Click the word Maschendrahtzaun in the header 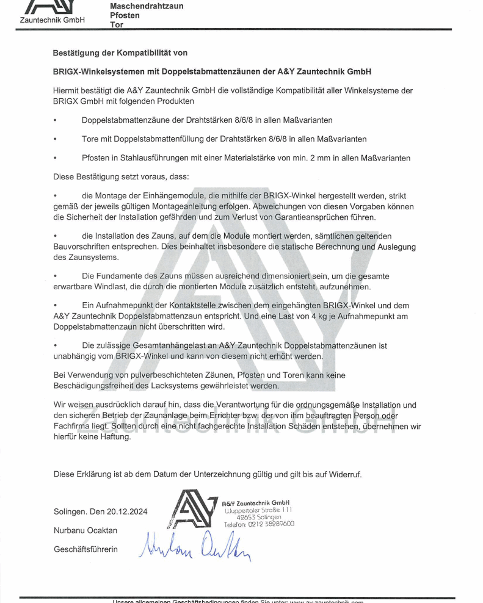point(146,6)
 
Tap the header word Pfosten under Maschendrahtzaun point(125,15)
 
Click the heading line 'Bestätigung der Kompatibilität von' point(120,53)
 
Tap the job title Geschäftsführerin point(85,549)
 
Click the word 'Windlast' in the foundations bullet point(148,286)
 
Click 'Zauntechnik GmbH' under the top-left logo point(53,20)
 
